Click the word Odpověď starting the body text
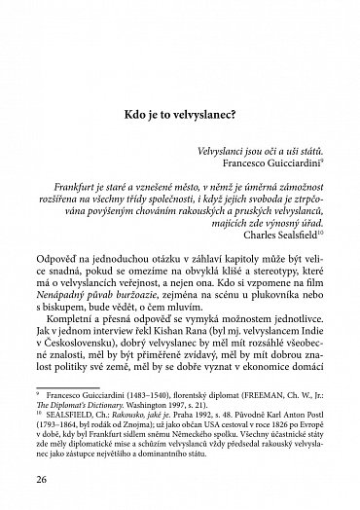click(63, 260)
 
